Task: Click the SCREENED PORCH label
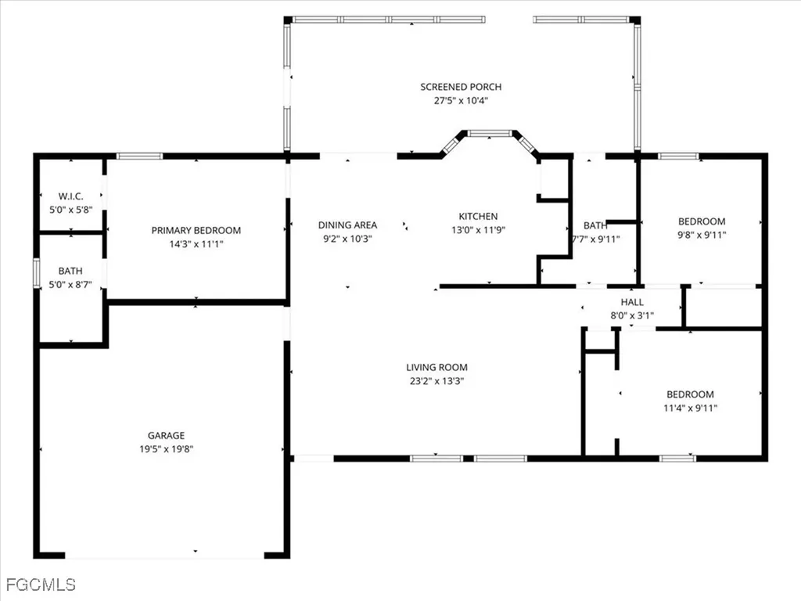[x=461, y=87]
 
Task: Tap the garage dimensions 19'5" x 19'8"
[x=166, y=449]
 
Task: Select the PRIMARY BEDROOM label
[x=196, y=230]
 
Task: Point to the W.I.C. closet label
[x=70, y=196]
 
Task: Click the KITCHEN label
[x=477, y=216]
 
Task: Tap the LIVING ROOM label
[x=436, y=367]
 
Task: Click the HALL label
[x=632, y=302]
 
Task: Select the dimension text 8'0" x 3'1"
[x=632, y=315]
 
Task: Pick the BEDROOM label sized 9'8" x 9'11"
[x=701, y=221]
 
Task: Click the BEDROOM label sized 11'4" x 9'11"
[x=690, y=394]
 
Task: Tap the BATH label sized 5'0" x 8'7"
[x=70, y=272]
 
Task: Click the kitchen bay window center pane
[x=490, y=134]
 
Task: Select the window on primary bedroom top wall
[x=140, y=157]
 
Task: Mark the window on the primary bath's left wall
[x=36, y=274]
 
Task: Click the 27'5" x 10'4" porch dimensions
[x=461, y=100]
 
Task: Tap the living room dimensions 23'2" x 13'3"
[x=436, y=381]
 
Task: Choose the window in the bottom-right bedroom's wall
[x=677, y=458]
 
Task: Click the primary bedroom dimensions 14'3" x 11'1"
[x=196, y=244]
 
